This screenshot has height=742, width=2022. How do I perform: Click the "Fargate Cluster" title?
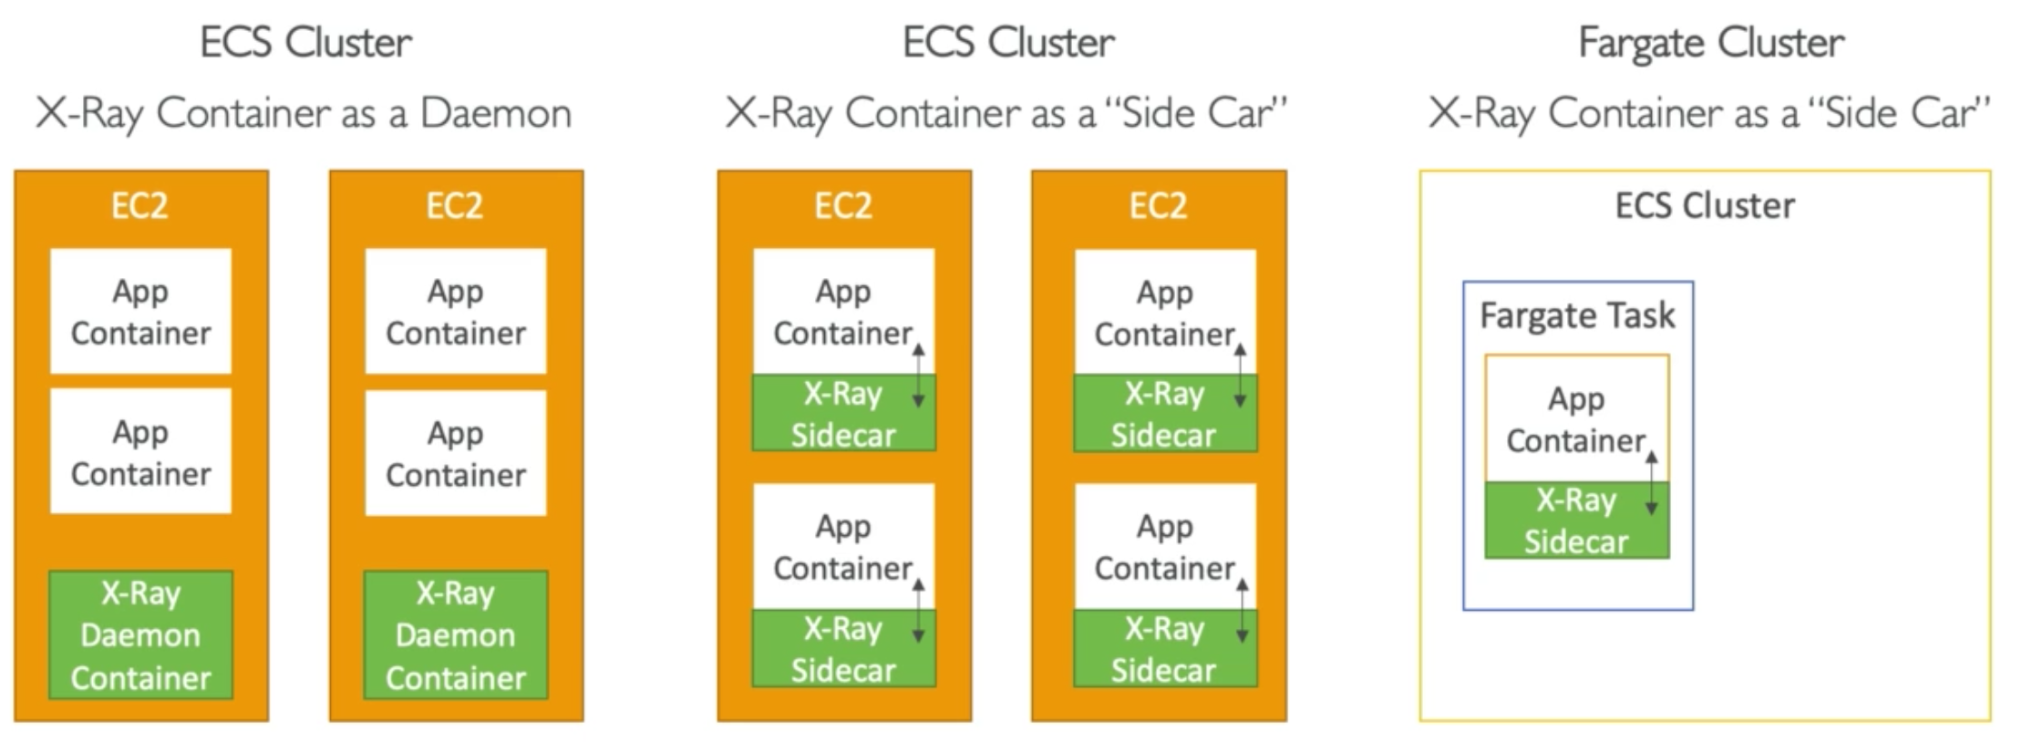click(1711, 43)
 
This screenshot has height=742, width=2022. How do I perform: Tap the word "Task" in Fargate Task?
click(1640, 315)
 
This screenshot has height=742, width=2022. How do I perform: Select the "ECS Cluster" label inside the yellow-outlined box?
click(1705, 206)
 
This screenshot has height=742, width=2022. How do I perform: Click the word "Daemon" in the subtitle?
click(495, 113)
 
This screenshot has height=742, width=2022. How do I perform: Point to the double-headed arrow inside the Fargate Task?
click(1651, 483)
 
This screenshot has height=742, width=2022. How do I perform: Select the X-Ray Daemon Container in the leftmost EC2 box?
click(140, 635)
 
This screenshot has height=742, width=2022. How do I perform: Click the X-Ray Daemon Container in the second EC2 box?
click(456, 635)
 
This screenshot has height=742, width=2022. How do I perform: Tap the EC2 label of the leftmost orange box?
click(139, 206)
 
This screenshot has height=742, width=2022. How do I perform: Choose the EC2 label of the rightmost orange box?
click(1158, 206)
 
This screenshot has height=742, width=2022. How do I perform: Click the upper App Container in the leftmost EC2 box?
click(140, 312)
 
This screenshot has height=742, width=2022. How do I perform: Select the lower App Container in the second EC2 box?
click(456, 454)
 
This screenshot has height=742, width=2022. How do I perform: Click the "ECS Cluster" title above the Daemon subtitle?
click(305, 43)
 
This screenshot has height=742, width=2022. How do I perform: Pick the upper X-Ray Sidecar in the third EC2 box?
click(843, 414)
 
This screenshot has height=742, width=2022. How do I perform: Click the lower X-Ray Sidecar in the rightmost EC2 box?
click(1164, 649)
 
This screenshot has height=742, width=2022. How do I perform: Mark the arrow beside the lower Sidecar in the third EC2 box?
click(918, 611)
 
